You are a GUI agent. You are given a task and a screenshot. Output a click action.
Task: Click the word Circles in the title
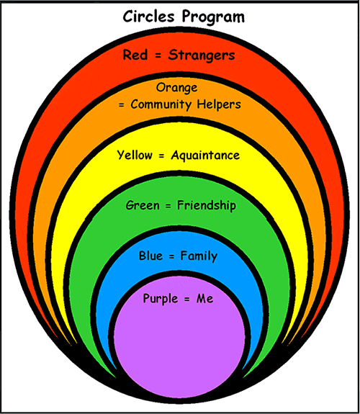tap(149, 17)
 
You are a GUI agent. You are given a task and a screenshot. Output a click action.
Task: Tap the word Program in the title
tap(213, 18)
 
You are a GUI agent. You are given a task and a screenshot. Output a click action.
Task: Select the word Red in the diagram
tap(135, 55)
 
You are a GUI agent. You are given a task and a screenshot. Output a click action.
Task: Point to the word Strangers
tap(202, 55)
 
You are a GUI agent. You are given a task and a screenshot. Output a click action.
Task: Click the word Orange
tap(176, 88)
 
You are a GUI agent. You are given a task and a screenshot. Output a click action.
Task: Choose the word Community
tap(161, 105)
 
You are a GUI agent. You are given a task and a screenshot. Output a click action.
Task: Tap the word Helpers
tap(219, 104)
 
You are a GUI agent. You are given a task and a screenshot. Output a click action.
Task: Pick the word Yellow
tap(135, 156)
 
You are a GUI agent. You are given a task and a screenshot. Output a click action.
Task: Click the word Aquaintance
tap(205, 156)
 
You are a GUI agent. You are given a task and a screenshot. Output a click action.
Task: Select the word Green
tap(143, 205)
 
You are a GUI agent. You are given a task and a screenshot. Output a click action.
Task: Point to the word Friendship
tap(207, 206)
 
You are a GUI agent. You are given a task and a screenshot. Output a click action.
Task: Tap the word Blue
tap(150, 256)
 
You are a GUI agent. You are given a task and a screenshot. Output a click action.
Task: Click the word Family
tap(199, 256)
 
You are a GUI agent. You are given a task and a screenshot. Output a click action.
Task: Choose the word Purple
tap(161, 299)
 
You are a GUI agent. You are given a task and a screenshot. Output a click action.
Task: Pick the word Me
tap(204, 299)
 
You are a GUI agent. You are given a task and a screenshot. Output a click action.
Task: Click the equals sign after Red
tap(158, 55)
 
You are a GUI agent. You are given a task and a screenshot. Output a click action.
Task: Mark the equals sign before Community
tap(121, 105)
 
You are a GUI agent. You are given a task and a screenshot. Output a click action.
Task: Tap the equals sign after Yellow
tap(162, 156)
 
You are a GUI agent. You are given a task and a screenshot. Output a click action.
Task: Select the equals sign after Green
tap(168, 206)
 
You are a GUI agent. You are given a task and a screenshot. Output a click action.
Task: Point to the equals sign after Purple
tap(187, 300)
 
